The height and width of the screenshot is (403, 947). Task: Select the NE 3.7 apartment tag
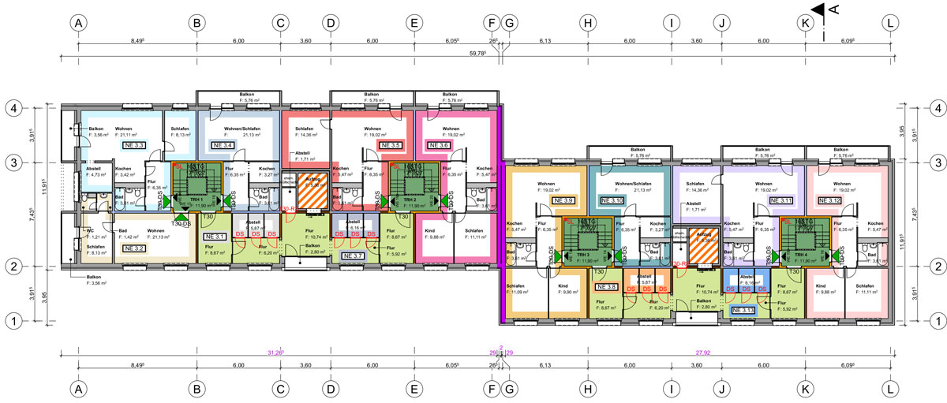click(x=352, y=256)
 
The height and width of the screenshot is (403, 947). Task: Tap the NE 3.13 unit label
click(x=743, y=310)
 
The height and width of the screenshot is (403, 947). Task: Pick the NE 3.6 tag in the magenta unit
click(x=439, y=145)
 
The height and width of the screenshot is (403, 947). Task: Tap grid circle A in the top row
click(x=77, y=23)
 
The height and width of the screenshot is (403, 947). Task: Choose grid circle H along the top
click(x=587, y=23)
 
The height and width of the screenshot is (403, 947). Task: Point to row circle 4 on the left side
click(x=13, y=107)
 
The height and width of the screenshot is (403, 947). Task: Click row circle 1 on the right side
click(x=937, y=321)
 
